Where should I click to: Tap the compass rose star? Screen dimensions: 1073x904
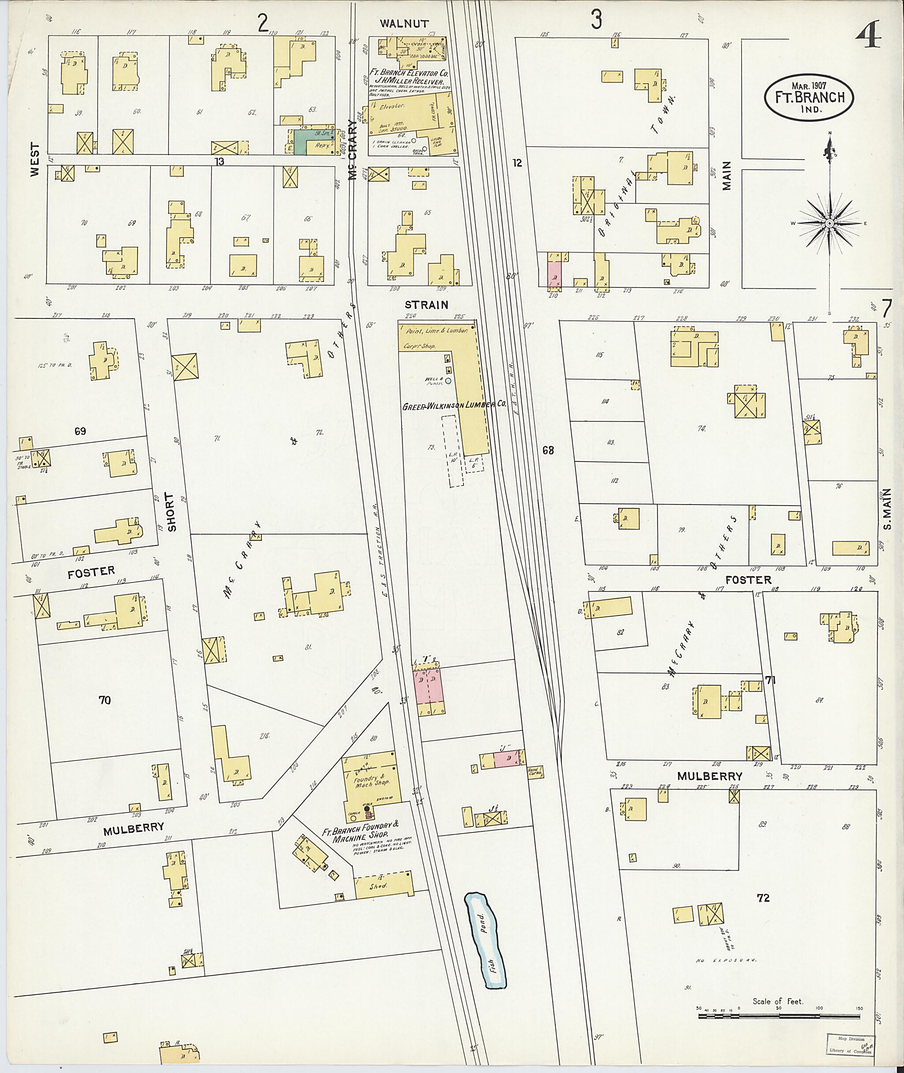point(829,224)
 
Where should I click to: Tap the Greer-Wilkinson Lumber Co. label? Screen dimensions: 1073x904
point(453,405)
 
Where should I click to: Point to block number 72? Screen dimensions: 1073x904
point(763,898)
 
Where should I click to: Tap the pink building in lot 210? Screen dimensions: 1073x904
point(555,273)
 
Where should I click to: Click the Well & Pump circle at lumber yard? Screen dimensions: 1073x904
point(448,381)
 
